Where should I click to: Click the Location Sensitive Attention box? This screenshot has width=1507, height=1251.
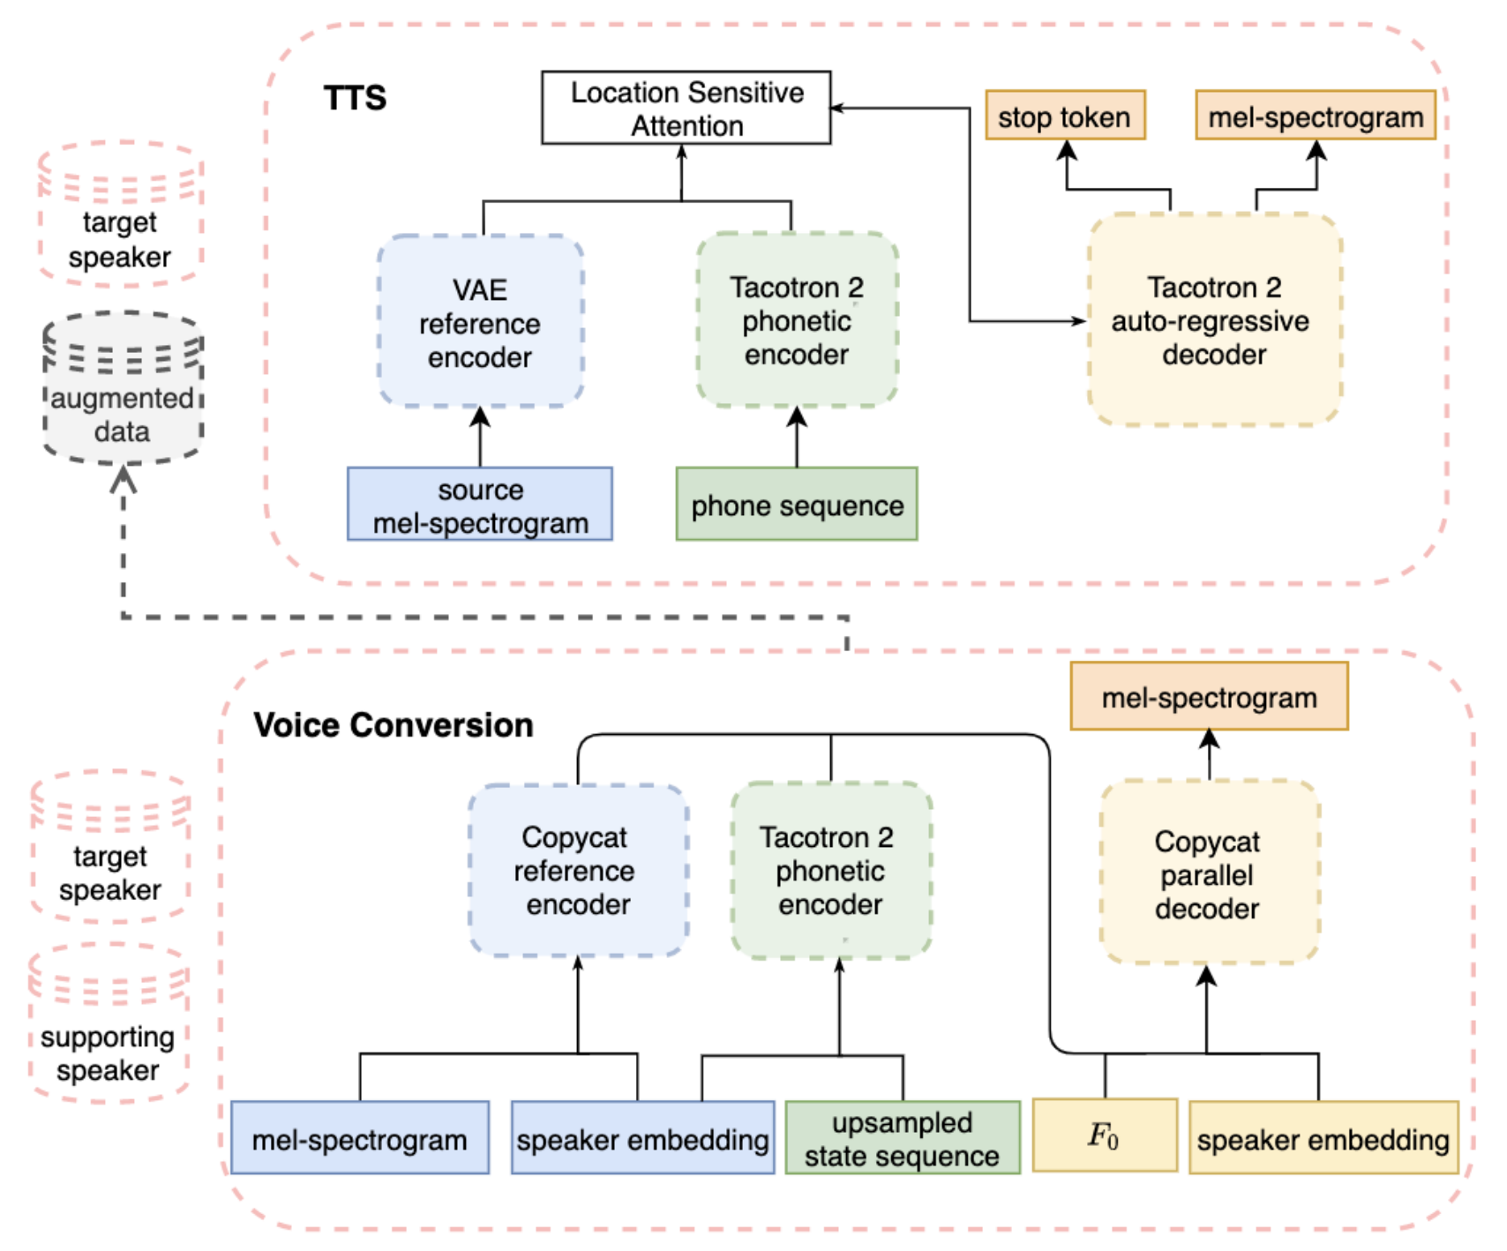[686, 108]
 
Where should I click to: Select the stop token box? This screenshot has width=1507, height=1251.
[1065, 116]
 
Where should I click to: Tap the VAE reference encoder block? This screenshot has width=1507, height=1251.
[480, 322]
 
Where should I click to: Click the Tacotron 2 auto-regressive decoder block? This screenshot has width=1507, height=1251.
[1214, 320]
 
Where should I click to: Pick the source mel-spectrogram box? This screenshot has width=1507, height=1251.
[480, 505]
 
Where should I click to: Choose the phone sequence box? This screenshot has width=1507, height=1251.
[797, 505]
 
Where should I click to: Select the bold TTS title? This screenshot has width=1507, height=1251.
[355, 97]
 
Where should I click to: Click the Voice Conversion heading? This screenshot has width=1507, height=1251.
[394, 725]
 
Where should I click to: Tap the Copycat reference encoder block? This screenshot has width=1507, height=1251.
[578, 871]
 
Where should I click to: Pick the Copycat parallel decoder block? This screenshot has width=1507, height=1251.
[1209, 873]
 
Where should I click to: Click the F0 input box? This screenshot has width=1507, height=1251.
[1105, 1135]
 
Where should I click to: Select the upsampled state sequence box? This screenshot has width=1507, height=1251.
[903, 1139]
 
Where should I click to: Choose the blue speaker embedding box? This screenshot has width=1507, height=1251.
[642, 1139]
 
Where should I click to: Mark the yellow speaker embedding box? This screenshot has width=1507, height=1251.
[1323, 1139]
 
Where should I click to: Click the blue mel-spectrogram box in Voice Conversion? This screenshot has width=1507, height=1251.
[360, 1139]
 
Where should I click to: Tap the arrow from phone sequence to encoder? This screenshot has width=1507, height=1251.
[797, 438]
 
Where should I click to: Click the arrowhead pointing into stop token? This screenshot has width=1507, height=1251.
[1068, 150]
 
